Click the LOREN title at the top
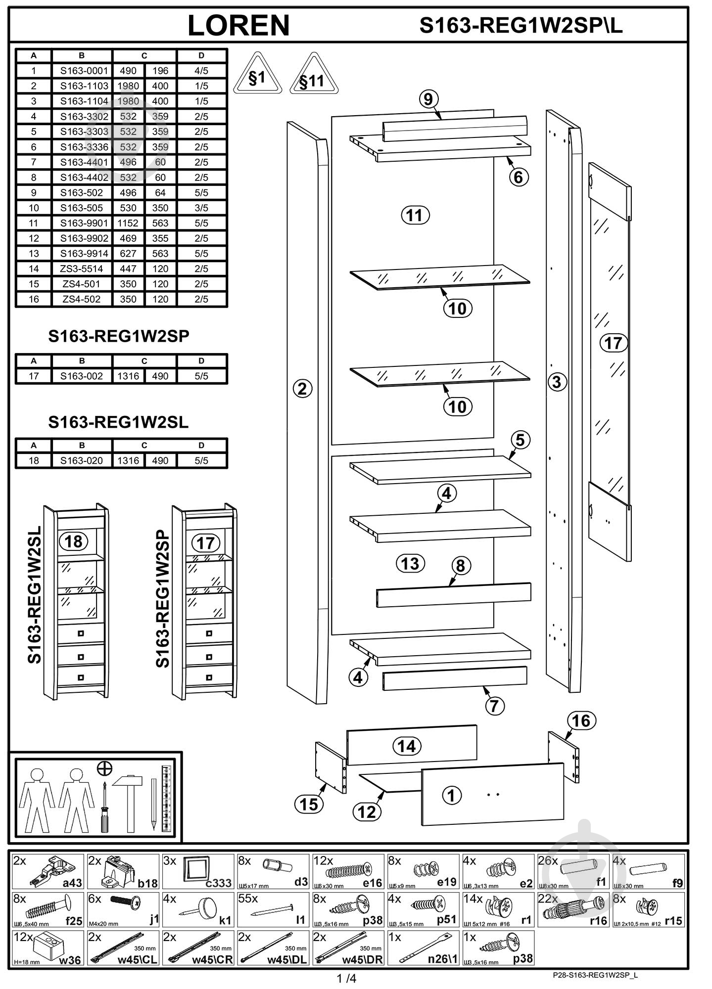238,25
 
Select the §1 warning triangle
257,75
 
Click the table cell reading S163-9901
84,223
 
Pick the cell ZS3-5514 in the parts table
82,269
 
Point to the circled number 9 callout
428,99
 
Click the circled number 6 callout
519,177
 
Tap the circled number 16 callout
581,720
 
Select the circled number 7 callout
494,706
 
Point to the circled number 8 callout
460,566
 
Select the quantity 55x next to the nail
248,899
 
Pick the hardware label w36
70,960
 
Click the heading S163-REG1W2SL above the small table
118,422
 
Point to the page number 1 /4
346,978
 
